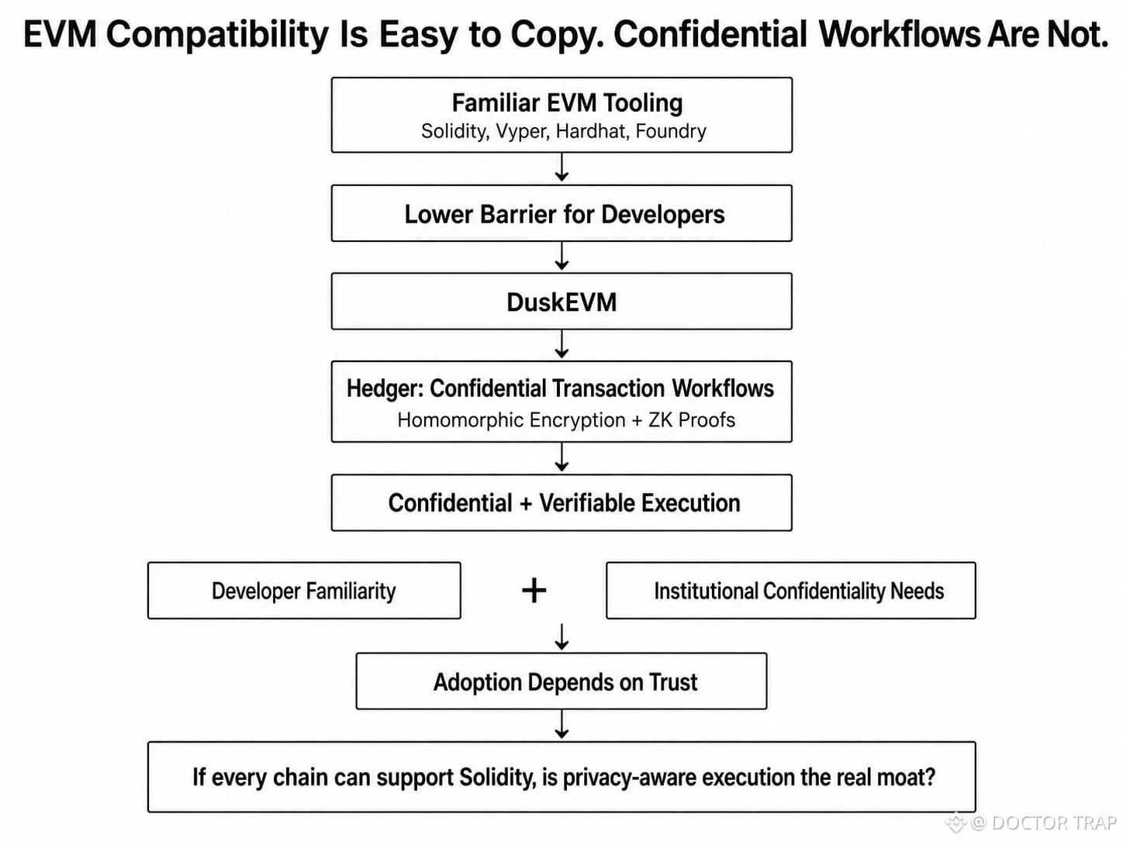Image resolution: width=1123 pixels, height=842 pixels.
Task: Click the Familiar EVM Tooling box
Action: click(561, 115)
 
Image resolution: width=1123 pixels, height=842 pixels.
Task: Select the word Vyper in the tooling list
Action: click(523, 132)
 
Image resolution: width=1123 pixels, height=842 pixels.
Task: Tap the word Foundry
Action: click(671, 132)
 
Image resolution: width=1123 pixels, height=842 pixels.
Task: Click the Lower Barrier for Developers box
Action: click(561, 213)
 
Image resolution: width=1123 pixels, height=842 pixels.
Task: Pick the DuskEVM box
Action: click(561, 301)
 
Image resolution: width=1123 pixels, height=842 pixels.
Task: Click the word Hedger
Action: click(385, 388)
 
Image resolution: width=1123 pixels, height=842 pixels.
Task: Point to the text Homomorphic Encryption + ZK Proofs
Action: click(566, 420)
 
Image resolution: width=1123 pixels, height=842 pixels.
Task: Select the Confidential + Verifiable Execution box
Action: click(561, 502)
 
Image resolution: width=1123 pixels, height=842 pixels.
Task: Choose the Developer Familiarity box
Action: click(304, 591)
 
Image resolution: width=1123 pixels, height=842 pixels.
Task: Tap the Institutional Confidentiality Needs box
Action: click(791, 591)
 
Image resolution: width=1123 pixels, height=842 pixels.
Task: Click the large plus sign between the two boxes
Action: click(534, 591)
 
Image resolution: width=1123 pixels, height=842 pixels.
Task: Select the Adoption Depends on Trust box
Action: click(561, 681)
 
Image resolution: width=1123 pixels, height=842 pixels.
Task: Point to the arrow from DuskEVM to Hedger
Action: click(561, 344)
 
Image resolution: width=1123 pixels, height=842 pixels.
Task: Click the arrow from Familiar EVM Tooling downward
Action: click(561, 167)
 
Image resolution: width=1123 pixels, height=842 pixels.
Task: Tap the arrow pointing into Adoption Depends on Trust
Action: click(561, 637)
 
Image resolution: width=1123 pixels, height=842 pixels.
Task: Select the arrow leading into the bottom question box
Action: click(561, 724)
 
